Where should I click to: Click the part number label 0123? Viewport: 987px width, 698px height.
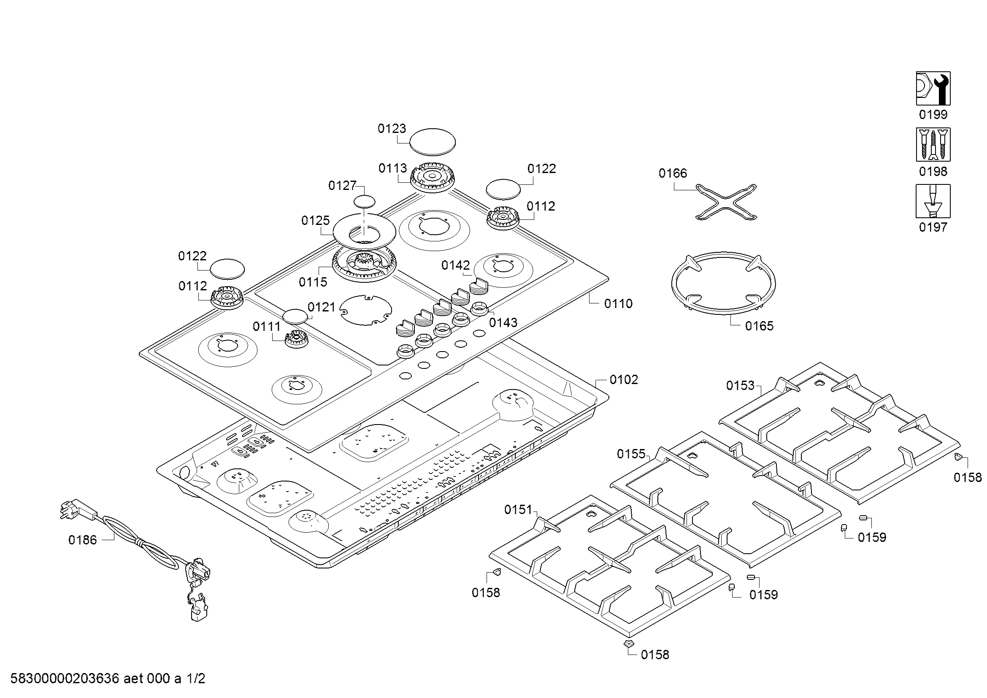[392, 129]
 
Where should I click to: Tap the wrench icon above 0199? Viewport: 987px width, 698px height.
[933, 89]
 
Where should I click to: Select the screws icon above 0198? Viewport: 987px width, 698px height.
[933, 144]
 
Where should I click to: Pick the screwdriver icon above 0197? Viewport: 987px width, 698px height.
[933, 201]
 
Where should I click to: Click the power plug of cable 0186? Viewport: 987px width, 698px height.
[77, 510]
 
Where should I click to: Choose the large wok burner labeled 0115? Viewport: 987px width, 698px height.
[365, 265]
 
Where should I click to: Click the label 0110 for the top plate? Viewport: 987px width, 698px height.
[618, 304]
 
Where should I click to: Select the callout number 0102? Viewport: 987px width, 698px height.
[623, 380]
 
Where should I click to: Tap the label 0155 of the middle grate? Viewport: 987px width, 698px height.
[631, 454]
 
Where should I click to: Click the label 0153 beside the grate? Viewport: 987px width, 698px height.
[740, 386]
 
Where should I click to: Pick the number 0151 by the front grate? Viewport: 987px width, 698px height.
[518, 510]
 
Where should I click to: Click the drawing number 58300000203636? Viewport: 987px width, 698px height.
[65, 679]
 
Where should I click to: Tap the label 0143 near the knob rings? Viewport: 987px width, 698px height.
[503, 322]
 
